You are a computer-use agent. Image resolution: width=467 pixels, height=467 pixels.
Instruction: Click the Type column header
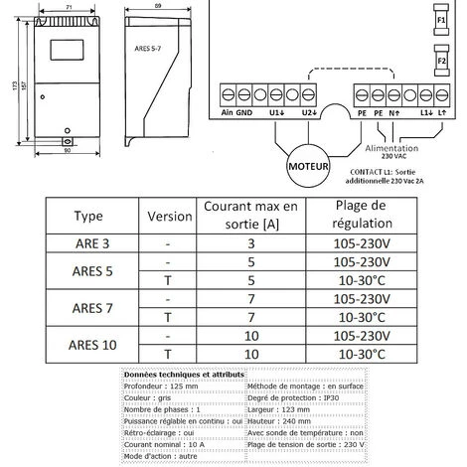[89, 216]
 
